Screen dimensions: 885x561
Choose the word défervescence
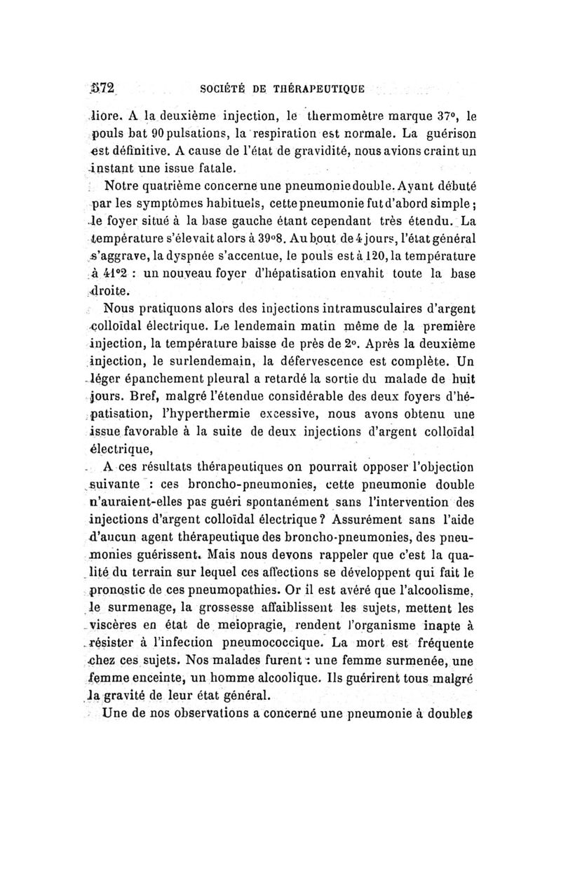tap(358, 362)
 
